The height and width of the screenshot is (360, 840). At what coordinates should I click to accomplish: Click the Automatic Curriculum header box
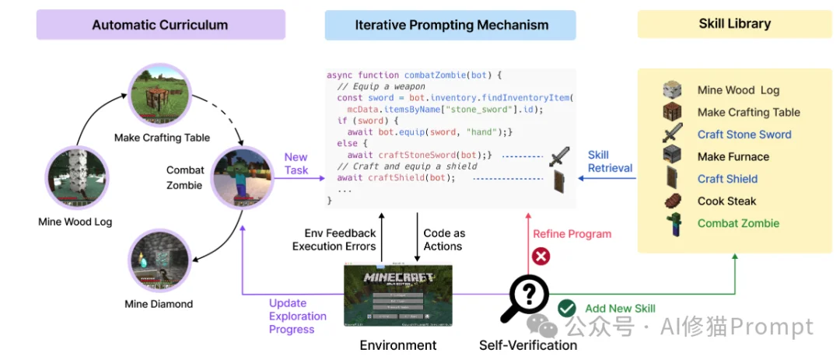pos(160,25)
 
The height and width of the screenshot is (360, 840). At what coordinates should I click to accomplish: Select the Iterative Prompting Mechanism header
pos(451,25)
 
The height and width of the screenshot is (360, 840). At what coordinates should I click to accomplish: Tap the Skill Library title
pos(734,24)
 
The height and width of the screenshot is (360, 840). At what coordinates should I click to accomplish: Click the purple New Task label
pos(296,164)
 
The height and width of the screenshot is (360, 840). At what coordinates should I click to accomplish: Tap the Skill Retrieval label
pos(610,162)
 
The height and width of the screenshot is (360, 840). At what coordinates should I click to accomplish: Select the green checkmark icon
pos(567,308)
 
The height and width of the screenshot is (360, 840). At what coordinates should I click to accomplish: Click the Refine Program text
pos(572,233)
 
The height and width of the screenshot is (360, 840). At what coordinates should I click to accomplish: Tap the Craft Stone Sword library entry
pos(744,135)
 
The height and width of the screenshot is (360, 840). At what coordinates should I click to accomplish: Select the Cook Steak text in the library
pos(726,201)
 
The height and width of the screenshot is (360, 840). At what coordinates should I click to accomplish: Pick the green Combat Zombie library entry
pos(738,223)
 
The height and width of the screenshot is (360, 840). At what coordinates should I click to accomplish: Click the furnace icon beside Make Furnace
pos(673,156)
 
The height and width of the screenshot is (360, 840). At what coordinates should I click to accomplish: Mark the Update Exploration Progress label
pos(297,316)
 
